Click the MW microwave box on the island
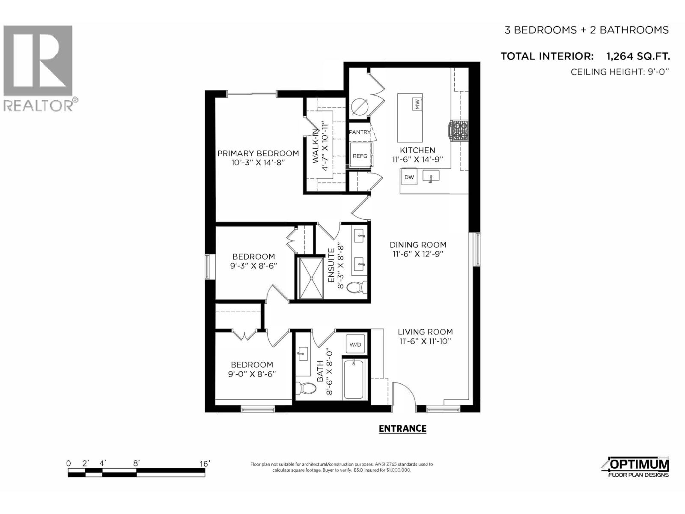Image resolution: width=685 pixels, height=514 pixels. [417, 104]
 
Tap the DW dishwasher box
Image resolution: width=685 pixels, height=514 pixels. [409, 177]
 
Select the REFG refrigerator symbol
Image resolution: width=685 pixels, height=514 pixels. [360, 156]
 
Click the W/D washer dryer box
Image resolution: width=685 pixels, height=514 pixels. [355, 344]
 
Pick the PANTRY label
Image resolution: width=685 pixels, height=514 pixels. [360, 132]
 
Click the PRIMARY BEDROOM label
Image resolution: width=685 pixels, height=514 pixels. [258, 153]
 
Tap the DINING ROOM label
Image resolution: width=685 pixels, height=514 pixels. [418, 245]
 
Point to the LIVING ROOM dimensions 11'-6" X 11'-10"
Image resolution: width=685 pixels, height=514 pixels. [425, 341]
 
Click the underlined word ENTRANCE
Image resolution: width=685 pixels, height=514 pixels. [402, 428]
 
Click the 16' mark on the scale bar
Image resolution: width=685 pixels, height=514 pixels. [204, 464]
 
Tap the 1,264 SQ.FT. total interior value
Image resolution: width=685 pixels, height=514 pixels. [637, 56]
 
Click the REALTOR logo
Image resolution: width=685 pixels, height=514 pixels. [39, 69]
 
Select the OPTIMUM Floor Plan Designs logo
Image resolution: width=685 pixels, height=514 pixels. [638, 467]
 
